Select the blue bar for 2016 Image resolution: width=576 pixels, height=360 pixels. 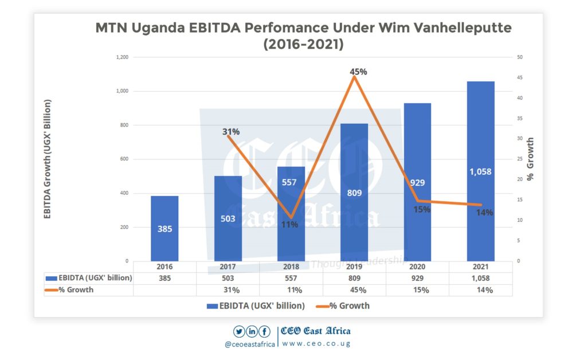coord(164,228)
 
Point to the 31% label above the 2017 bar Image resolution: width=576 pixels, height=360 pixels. coord(231,131)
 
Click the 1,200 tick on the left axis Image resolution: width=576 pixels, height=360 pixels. coord(122,57)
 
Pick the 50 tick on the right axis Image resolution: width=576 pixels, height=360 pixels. coord(519,57)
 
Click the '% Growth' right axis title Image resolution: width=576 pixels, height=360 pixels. coord(530,159)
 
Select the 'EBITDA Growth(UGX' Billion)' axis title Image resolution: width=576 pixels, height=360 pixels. coord(48,159)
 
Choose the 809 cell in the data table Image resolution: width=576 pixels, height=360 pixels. coord(354,278)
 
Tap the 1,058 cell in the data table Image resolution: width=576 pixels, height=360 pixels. coord(480,278)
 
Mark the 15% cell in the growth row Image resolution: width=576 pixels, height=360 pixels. coord(417,289)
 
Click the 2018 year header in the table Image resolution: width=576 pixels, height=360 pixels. coord(291,267)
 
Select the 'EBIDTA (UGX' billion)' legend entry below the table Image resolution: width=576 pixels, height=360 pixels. coord(256,306)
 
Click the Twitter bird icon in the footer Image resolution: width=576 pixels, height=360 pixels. coord(239,331)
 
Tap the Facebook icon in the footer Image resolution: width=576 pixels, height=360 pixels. coord(264,331)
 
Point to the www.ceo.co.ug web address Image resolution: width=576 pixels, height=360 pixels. coord(316,343)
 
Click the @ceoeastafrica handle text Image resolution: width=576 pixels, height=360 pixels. coord(250,344)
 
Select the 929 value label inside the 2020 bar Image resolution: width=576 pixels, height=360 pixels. coord(417,182)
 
